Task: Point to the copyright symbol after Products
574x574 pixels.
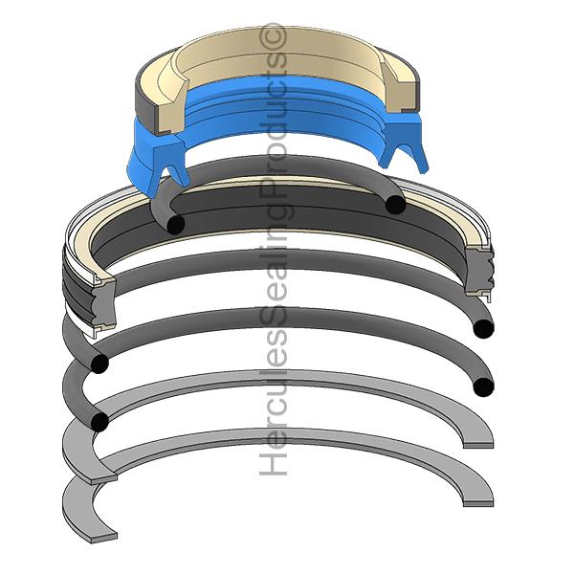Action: (275, 36)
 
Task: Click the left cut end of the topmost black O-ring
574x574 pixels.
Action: (175, 224)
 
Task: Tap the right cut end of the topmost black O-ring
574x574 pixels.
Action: (392, 203)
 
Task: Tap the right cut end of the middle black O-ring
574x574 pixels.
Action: (483, 329)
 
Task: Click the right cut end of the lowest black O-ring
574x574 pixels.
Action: (484, 386)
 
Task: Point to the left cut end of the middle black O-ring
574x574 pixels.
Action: (98, 364)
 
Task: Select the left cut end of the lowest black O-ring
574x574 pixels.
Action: (99, 421)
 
